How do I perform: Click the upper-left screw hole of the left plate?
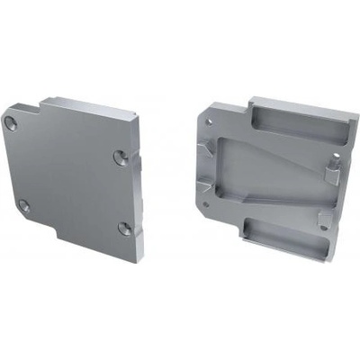point(11,122)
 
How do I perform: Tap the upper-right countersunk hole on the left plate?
point(120,157)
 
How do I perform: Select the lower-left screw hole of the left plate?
point(24,206)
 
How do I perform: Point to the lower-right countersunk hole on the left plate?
point(124,229)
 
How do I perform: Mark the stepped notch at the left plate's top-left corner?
point(31,111)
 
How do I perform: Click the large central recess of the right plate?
point(261,175)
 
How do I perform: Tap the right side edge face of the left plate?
point(136,207)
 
